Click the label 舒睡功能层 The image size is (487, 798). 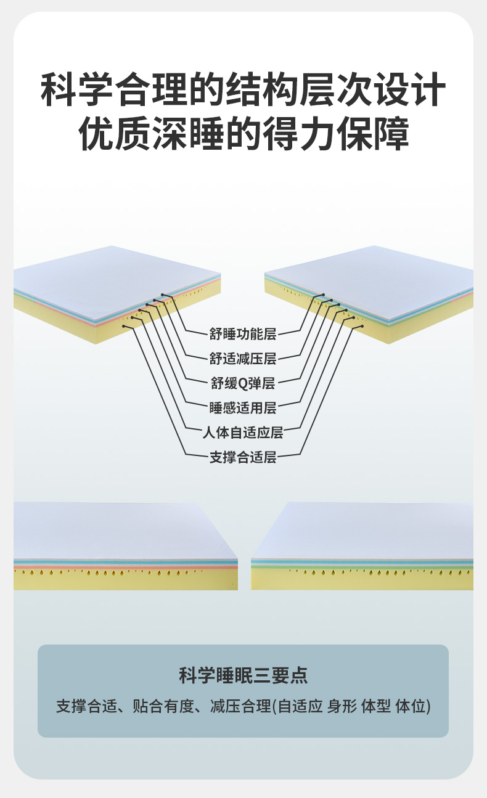(243, 335)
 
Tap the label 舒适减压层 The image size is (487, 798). (243, 359)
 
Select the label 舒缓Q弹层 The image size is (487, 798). (243, 383)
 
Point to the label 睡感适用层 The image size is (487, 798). (243, 407)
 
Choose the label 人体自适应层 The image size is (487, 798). (243, 432)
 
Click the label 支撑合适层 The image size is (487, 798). (243, 457)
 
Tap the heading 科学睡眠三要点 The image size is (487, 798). (243, 676)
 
